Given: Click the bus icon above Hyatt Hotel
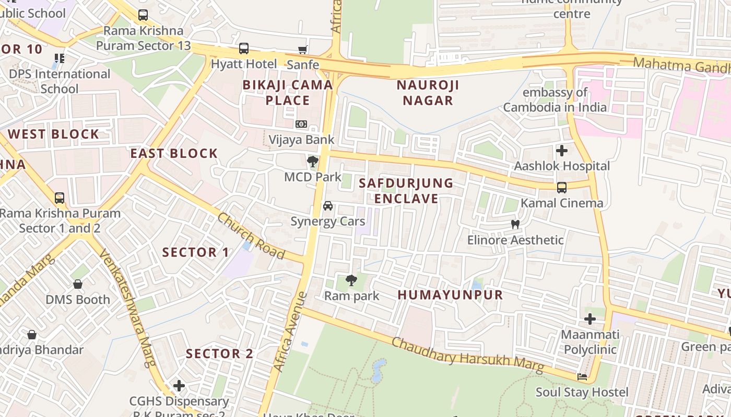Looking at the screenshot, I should (x=244, y=48).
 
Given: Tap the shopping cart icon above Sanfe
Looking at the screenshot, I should (x=302, y=50).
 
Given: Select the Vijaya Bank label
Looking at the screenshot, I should (x=301, y=140).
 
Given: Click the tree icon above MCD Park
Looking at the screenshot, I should (x=313, y=161).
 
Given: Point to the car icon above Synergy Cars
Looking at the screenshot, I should (x=328, y=206).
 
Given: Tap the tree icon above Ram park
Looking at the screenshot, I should (x=351, y=280).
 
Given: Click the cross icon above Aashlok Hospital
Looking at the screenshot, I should (x=562, y=151).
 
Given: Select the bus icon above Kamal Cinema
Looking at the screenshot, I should (x=562, y=187).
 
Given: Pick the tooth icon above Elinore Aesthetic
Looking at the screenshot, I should (x=515, y=225).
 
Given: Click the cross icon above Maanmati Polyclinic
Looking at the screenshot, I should (x=590, y=318).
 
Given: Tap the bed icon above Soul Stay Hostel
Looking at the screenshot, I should (x=582, y=376).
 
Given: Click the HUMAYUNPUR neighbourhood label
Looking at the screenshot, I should (x=450, y=295).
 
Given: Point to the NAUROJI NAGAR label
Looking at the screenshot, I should (x=428, y=92).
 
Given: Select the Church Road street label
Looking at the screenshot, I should (x=251, y=236).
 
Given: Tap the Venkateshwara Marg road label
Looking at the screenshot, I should (x=127, y=308).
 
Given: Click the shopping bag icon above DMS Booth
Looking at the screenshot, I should (x=78, y=284).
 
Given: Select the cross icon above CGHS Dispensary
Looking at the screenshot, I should (x=179, y=386).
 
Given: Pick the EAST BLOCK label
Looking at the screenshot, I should (x=173, y=153).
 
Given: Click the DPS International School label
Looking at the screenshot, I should (x=60, y=81).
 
